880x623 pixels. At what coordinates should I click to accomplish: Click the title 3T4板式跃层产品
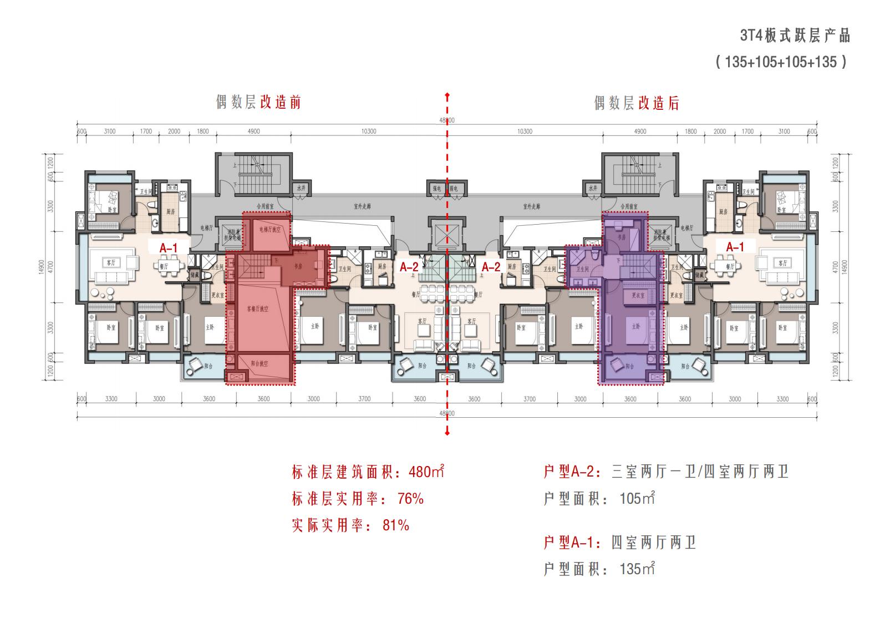click(795, 36)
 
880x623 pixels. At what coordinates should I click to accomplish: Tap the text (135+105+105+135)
click(781, 62)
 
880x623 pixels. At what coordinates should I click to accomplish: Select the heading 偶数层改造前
click(258, 103)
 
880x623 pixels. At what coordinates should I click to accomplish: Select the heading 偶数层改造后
click(636, 103)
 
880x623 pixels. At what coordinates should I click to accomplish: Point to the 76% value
click(410, 499)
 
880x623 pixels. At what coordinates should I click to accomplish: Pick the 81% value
click(395, 525)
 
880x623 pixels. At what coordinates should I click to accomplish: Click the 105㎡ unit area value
click(637, 498)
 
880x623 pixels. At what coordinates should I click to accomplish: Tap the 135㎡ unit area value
click(637, 569)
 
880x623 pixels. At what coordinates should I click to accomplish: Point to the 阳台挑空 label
click(259, 364)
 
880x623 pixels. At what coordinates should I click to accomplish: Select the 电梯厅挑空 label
click(270, 229)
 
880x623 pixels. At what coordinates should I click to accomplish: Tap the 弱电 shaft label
click(454, 189)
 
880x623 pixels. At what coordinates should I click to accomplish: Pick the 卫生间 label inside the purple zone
click(582, 269)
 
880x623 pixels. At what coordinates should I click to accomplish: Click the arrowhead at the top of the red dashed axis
click(447, 96)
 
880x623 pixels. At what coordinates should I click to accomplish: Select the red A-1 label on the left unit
click(169, 247)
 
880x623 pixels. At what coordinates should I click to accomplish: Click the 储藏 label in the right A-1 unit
click(699, 275)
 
